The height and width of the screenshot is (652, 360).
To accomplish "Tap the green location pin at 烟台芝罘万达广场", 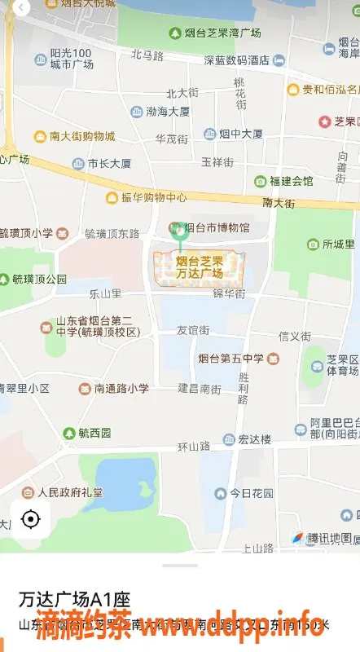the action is click(x=180, y=232).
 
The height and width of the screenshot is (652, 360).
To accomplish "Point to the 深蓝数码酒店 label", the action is click(x=243, y=59).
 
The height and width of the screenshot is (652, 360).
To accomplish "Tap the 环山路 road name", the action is click(x=194, y=447).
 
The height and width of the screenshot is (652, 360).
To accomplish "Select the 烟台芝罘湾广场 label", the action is click(x=215, y=33).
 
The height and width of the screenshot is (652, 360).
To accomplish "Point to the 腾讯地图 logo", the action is click(x=323, y=538).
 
